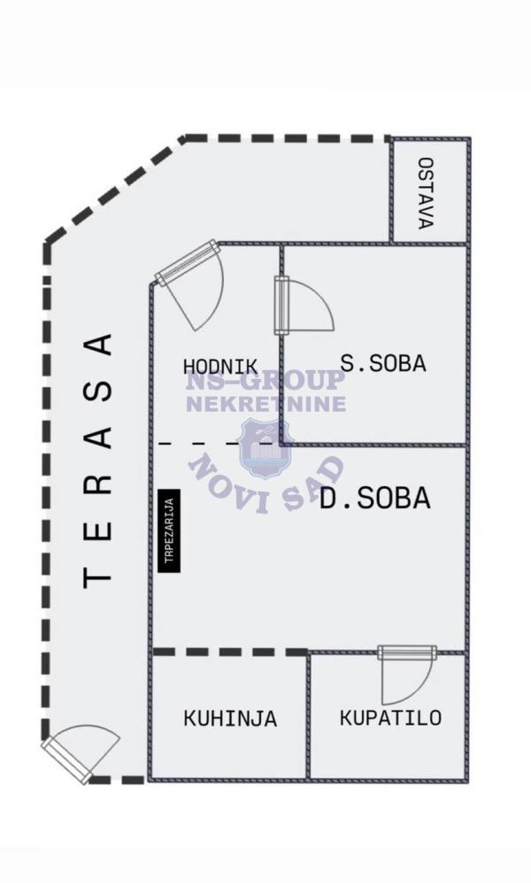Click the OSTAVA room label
(427, 192)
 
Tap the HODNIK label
(220, 367)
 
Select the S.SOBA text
(384, 363)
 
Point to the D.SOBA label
(375, 499)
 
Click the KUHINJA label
(230, 718)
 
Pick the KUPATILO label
(390, 718)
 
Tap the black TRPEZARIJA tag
(170, 531)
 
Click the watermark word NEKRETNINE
(266, 404)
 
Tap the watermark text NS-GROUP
(265, 380)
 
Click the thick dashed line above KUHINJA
(230, 652)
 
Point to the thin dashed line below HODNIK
(219, 444)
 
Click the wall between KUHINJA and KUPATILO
(308, 716)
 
